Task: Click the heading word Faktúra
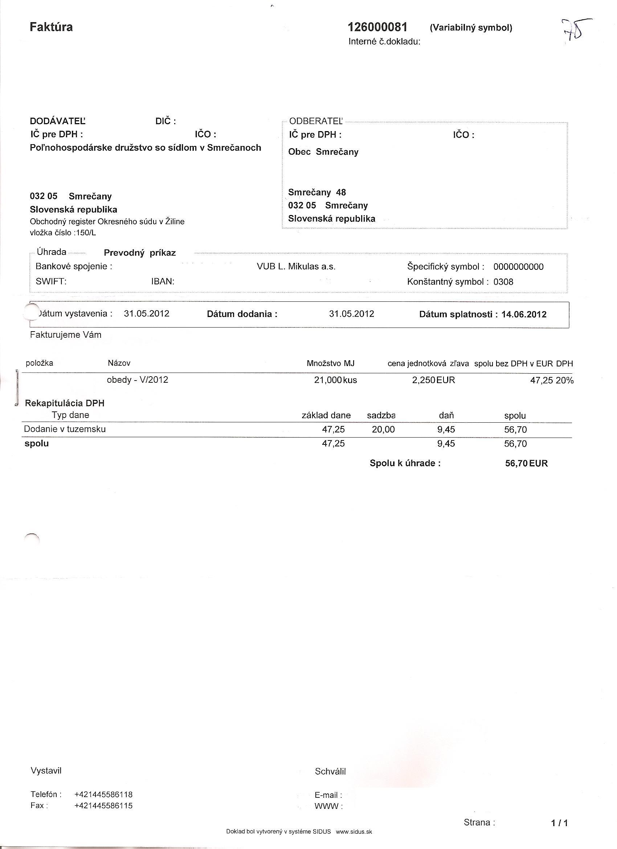coord(51,27)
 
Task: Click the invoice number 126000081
coord(377,27)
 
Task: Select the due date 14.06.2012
coord(524,314)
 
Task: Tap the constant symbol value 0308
coord(503,282)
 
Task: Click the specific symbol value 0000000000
coord(518,267)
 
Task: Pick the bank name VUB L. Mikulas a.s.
coord(296,267)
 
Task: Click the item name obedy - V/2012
coord(137,380)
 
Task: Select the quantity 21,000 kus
coord(335,380)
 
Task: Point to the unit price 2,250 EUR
coord(433,380)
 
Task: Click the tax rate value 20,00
coord(383,429)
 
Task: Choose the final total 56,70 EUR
coord(526,463)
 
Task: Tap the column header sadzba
coord(381,415)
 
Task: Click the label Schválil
coord(330,772)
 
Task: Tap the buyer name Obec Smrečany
coord(323,152)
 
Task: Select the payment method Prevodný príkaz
coord(140,253)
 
